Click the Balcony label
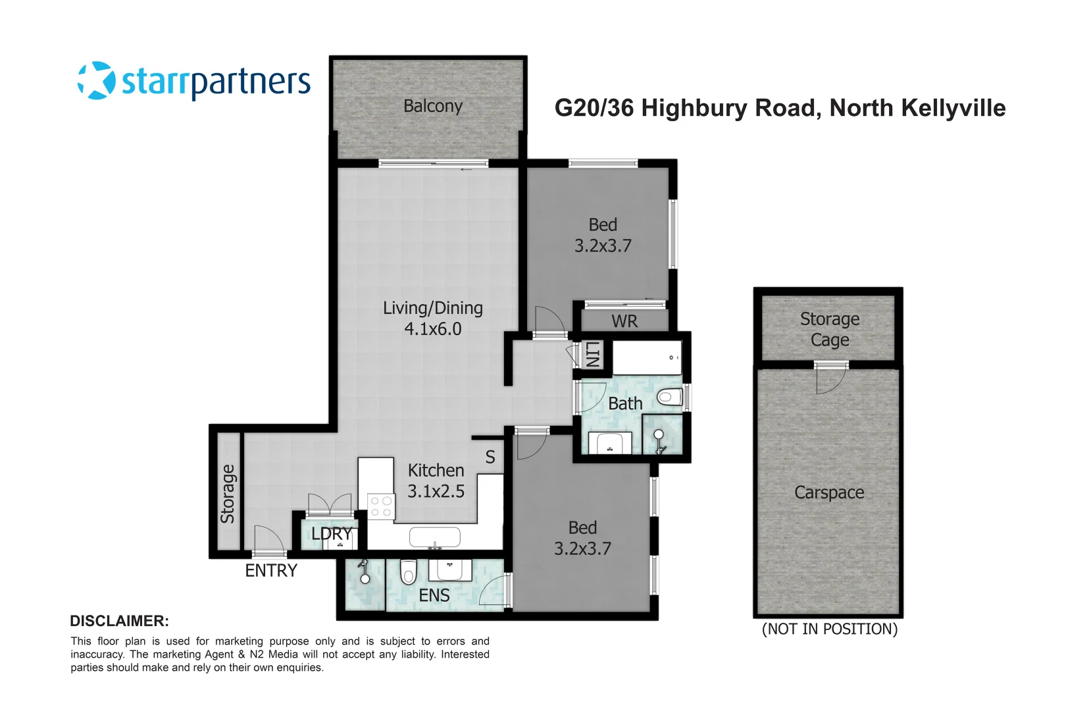coord(432,106)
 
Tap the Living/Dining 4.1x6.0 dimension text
coord(432,329)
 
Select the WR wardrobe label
coord(624,321)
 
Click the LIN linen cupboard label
coord(592,354)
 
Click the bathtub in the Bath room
coord(646,358)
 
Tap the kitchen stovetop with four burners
coord(380,506)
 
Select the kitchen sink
coord(434,537)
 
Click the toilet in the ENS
coord(409,571)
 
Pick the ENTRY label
coord(271,571)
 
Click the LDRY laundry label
coord(332,534)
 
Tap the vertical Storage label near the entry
coord(228,494)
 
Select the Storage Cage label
coord(829,329)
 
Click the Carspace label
coord(829,492)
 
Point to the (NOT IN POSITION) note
coord(829,629)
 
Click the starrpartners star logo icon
coord(97,81)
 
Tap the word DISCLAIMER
coord(119,621)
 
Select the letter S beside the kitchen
coord(490,457)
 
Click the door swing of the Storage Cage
coord(830,379)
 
